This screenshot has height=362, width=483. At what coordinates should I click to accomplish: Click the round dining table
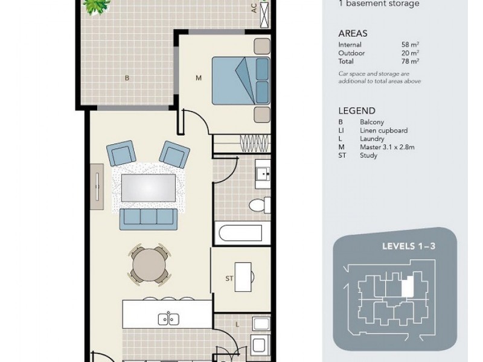point(149,264)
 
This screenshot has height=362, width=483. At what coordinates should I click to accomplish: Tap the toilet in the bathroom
point(259,205)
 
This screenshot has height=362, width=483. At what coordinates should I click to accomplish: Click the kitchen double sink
point(168,319)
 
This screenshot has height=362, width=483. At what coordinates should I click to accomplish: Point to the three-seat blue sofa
point(149,219)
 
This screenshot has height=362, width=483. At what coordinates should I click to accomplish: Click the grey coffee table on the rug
point(149,188)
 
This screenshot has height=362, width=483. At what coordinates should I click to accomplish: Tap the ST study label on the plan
point(229,279)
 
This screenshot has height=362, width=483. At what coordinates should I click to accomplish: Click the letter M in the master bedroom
point(199,78)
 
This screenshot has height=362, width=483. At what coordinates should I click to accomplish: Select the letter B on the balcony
point(127,78)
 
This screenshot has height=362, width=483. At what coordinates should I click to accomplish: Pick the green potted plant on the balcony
point(97,6)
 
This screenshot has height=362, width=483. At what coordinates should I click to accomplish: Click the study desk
point(243,277)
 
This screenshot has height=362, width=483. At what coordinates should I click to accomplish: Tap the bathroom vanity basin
point(263,174)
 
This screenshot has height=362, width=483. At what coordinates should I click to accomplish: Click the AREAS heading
point(353,33)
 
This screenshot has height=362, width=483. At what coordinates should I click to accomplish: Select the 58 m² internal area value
point(410,45)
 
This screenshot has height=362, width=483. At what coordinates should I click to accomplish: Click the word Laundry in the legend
point(372,139)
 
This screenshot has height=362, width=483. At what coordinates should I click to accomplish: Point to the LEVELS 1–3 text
point(409,246)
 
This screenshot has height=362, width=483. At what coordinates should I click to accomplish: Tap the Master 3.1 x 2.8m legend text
point(387,147)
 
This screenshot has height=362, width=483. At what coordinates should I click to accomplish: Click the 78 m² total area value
point(410,62)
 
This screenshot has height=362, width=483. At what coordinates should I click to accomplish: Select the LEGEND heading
point(357,111)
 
